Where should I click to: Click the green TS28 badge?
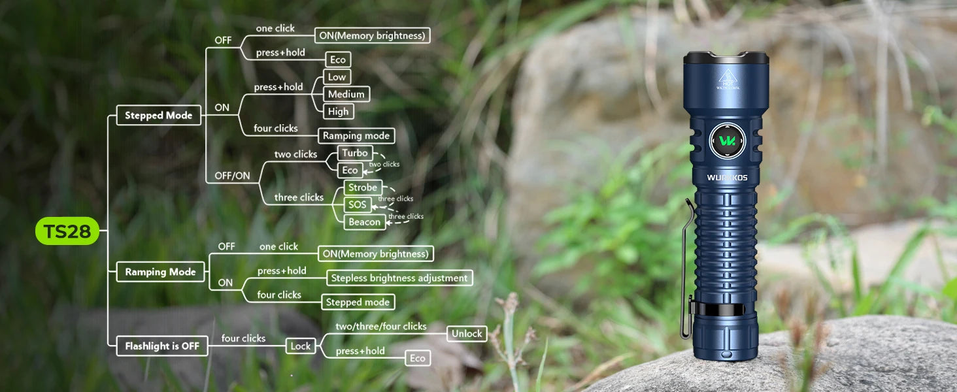click(x=67, y=231)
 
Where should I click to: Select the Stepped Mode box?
click(x=158, y=115)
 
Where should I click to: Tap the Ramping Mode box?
click(x=160, y=272)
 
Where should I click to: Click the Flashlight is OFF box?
click(x=162, y=346)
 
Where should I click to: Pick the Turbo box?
click(x=354, y=153)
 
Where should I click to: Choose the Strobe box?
click(x=363, y=188)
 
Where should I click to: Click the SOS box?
click(x=357, y=204)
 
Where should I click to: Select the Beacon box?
click(x=364, y=222)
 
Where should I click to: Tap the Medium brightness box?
click(x=346, y=94)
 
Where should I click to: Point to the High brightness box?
click(x=339, y=112)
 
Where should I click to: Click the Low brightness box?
click(x=337, y=77)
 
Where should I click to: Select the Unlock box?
click(x=467, y=333)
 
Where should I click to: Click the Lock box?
click(x=300, y=346)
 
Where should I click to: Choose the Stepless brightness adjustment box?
click(x=399, y=278)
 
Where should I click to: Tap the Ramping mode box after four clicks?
click(x=356, y=136)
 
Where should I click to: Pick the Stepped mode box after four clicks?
click(x=358, y=302)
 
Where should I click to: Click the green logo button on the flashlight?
click(x=727, y=141)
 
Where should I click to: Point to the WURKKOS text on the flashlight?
click(x=727, y=178)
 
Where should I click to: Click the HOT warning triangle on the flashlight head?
click(x=728, y=78)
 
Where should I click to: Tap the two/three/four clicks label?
click(x=381, y=327)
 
